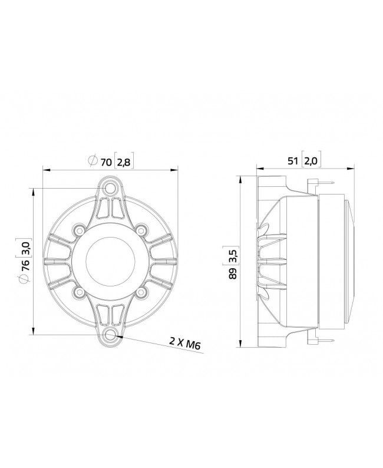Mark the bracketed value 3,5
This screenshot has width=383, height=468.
(234, 256)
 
